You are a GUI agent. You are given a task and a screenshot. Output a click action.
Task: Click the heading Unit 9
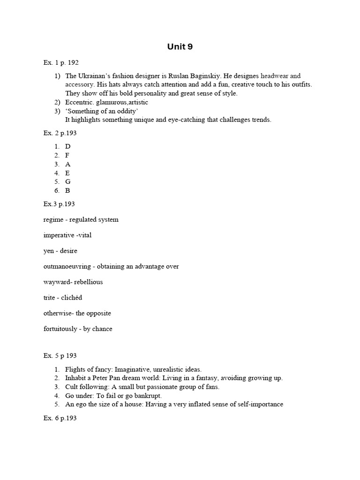coord(180,46)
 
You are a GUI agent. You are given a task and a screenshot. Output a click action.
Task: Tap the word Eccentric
coord(80,102)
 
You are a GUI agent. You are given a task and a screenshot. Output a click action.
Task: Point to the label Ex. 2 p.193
coord(60,133)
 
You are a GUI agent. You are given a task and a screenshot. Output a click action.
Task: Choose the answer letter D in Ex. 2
coord(68,146)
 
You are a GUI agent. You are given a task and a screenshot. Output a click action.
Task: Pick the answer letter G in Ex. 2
coord(68,182)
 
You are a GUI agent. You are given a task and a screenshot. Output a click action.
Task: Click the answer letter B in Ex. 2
coord(68,191)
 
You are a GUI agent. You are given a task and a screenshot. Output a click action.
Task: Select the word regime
coord(53,219)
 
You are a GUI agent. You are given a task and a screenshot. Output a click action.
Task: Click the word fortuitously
coord(60,329)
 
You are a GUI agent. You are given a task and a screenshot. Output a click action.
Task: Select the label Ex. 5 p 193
coord(60,356)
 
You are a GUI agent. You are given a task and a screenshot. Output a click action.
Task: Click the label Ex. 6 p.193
coord(60,418)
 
